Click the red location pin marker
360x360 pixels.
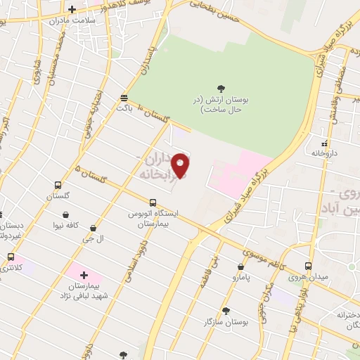[181, 165]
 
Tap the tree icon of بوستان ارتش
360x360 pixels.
[221, 89]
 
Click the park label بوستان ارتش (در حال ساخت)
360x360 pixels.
[221, 105]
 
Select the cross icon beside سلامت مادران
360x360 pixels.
[72, 10]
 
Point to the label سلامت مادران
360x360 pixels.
[71, 21]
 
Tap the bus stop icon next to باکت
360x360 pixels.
[124, 97]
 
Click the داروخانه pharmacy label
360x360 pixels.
[324, 153]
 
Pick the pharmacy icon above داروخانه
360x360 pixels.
[324, 143]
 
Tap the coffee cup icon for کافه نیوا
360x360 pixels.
[65, 214]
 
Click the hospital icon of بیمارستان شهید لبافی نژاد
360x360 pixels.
[84, 274]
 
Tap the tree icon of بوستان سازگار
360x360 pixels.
[226, 311]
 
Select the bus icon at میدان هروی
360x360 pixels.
[307, 266]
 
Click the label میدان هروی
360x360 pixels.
[307, 277]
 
